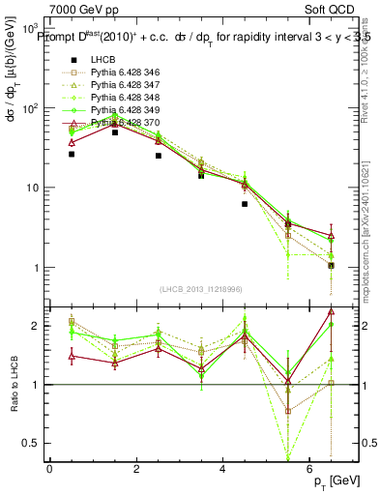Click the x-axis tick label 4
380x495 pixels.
pos(222,469)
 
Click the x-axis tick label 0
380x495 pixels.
pos(49,469)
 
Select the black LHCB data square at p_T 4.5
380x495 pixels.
pos(245,204)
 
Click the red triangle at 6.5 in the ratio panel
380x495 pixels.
pos(331,311)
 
